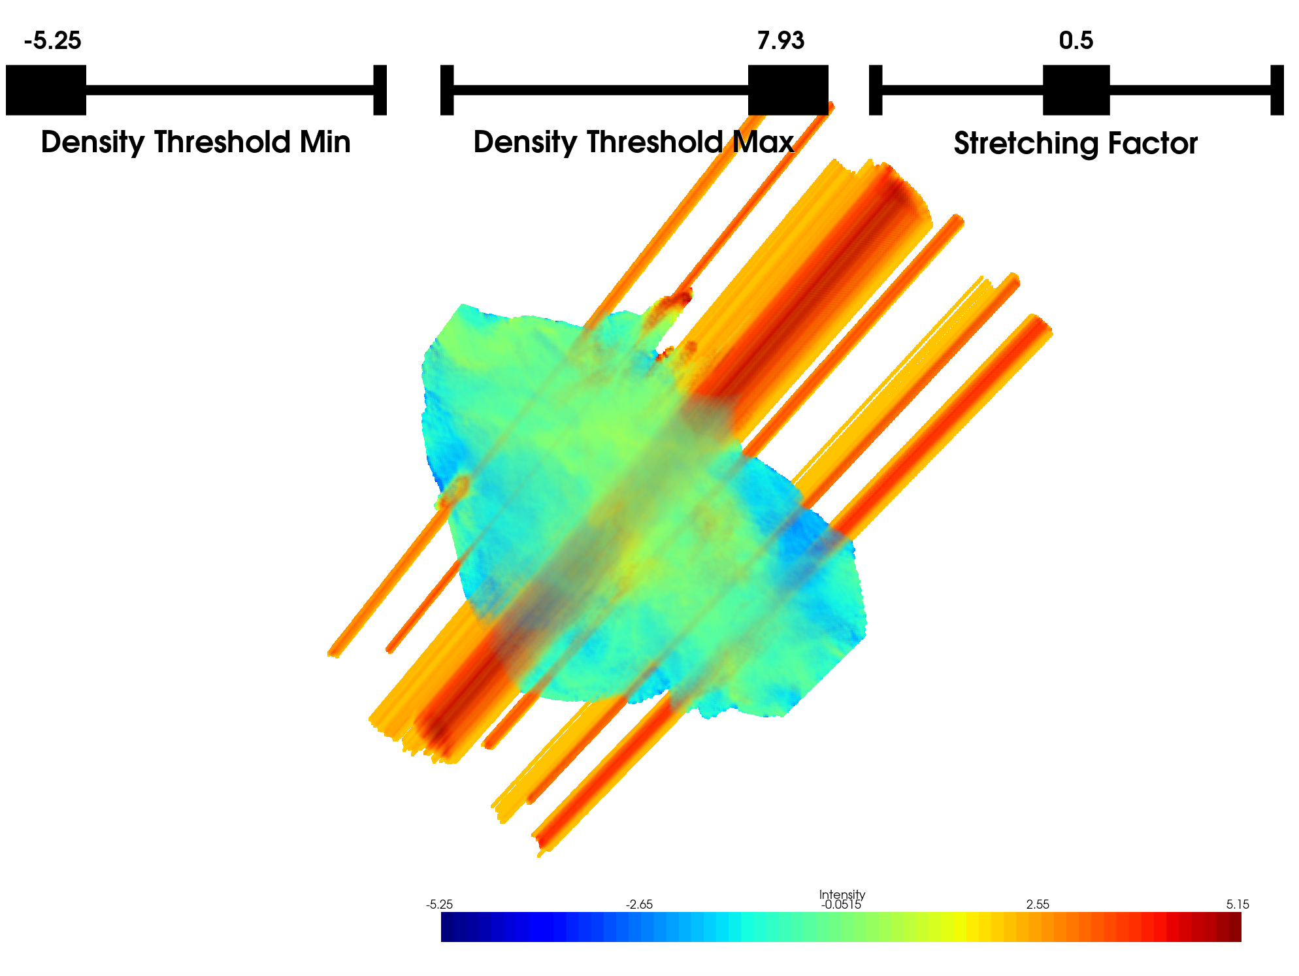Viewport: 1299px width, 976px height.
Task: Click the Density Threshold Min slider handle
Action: click(x=46, y=89)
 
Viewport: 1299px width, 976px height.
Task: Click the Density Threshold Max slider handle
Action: click(x=787, y=89)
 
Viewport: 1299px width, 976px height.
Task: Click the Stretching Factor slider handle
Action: click(x=1076, y=89)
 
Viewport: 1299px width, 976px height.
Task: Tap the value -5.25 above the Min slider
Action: click(x=52, y=41)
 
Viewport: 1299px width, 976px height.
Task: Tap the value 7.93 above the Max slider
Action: click(x=780, y=41)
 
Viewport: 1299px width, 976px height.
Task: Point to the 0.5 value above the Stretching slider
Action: click(x=1076, y=41)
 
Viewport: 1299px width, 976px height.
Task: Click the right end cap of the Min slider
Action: click(x=380, y=89)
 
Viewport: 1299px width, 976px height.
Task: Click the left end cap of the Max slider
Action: click(x=447, y=89)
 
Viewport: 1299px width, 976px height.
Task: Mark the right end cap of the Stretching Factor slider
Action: click(x=1277, y=89)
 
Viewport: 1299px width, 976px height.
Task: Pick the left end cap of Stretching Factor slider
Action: click(x=876, y=89)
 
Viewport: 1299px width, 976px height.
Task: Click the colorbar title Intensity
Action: click(x=842, y=894)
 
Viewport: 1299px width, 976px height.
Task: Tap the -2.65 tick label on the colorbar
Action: click(x=639, y=905)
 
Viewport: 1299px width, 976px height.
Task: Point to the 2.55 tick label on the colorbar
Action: click(x=1038, y=905)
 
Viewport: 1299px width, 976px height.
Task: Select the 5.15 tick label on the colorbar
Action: click(x=1237, y=905)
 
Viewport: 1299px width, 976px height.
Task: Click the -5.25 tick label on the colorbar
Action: click(x=439, y=905)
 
